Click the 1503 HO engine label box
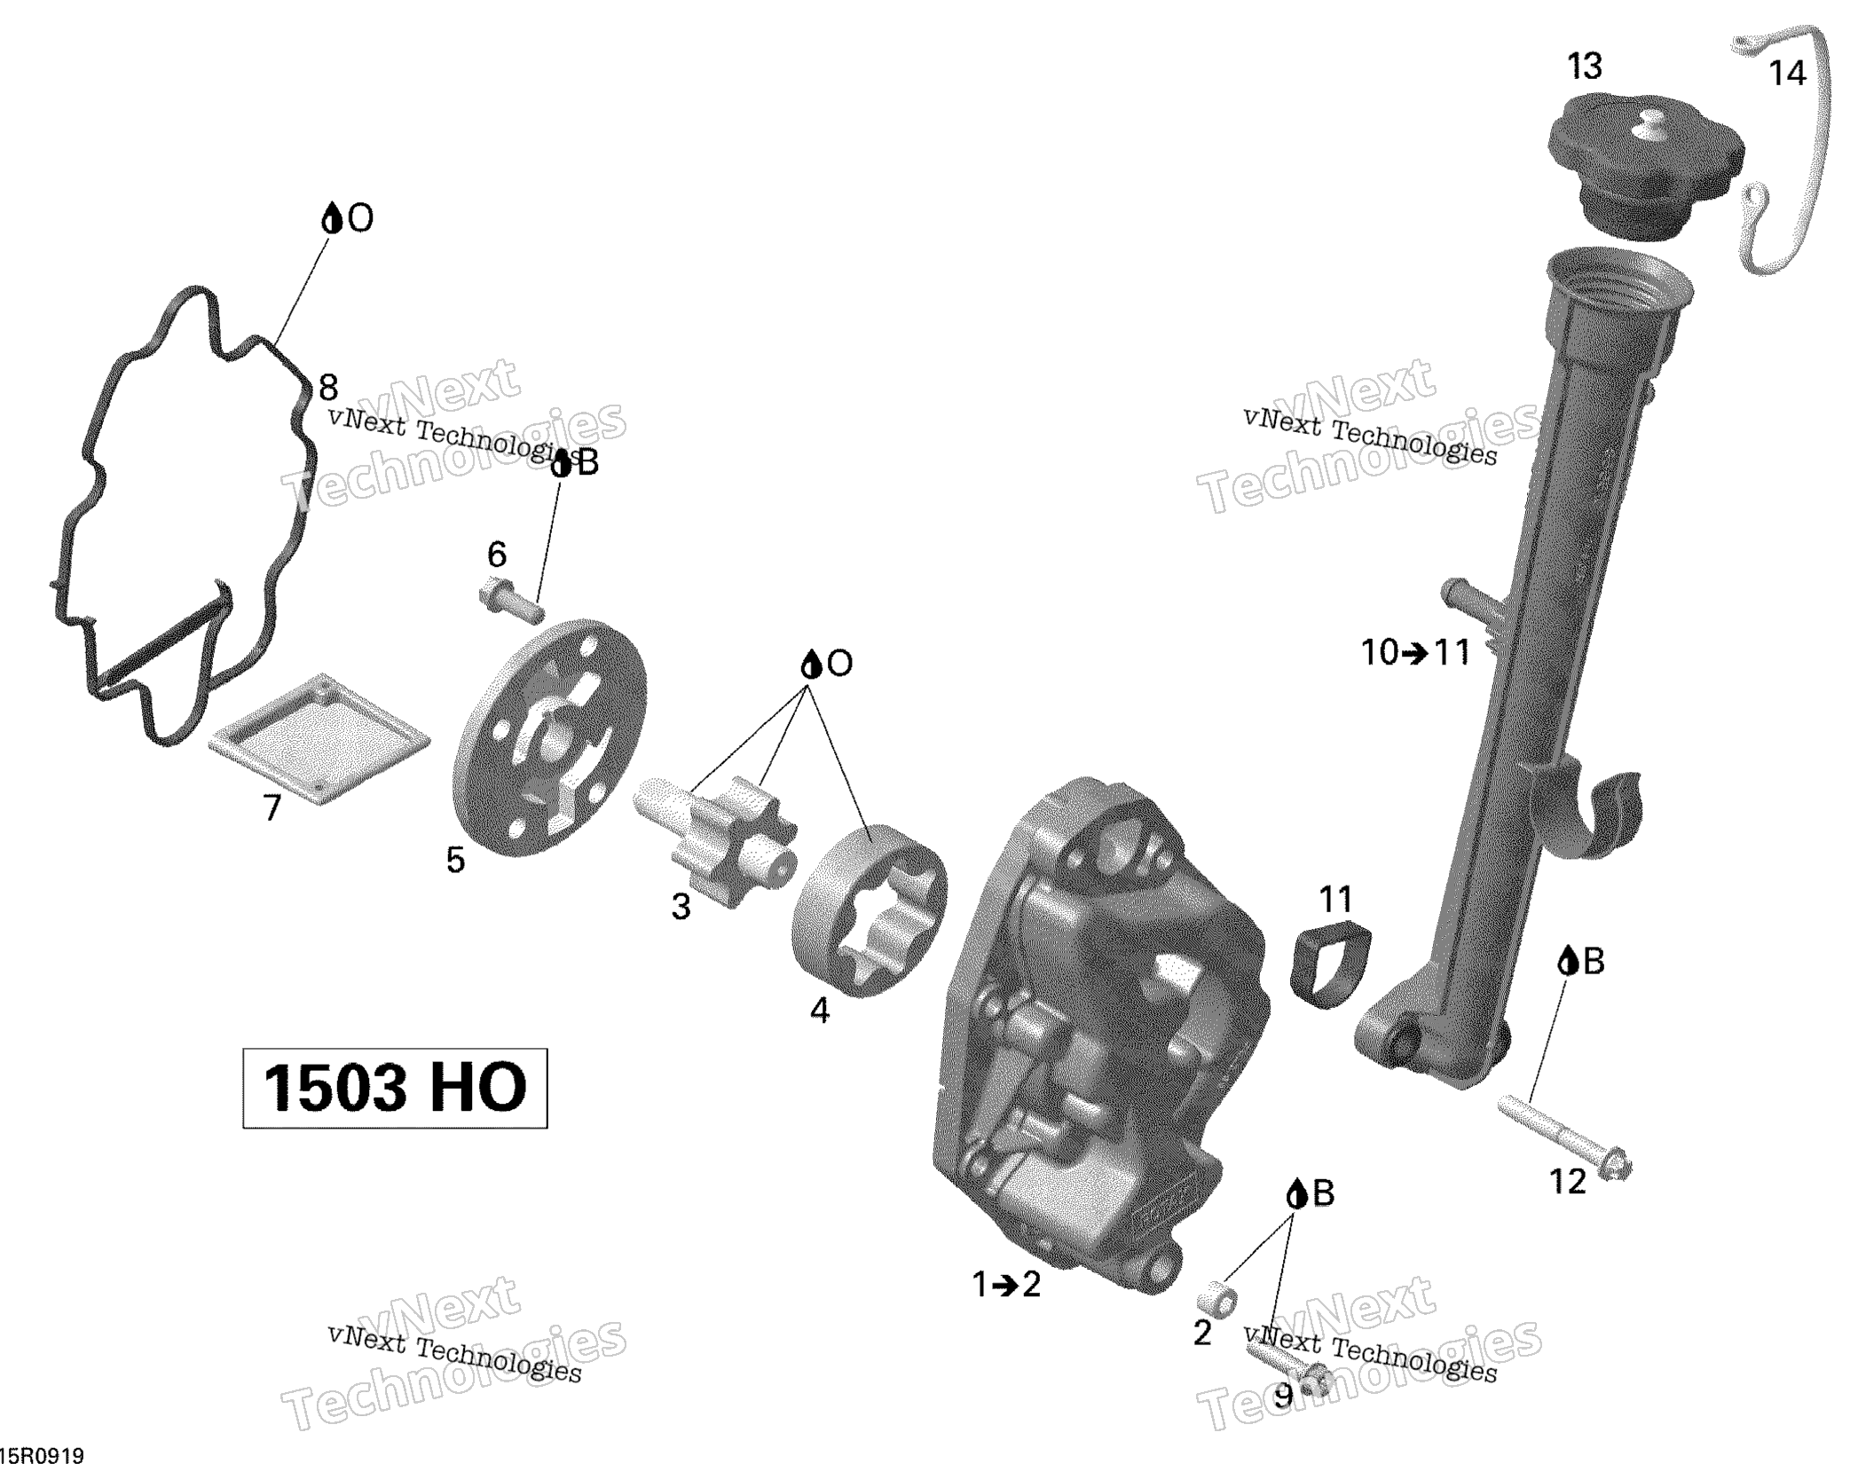(x=395, y=1088)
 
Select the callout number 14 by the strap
(x=1787, y=73)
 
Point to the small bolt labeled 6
(x=511, y=599)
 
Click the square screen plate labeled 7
(x=319, y=739)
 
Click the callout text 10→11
(x=1415, y=653)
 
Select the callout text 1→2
(x=1006, y=1284)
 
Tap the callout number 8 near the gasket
(x=328, y=388)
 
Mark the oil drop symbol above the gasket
(x=332, y=218)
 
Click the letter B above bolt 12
(x=1594, y=961)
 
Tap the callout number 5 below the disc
(x=455, y=860)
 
